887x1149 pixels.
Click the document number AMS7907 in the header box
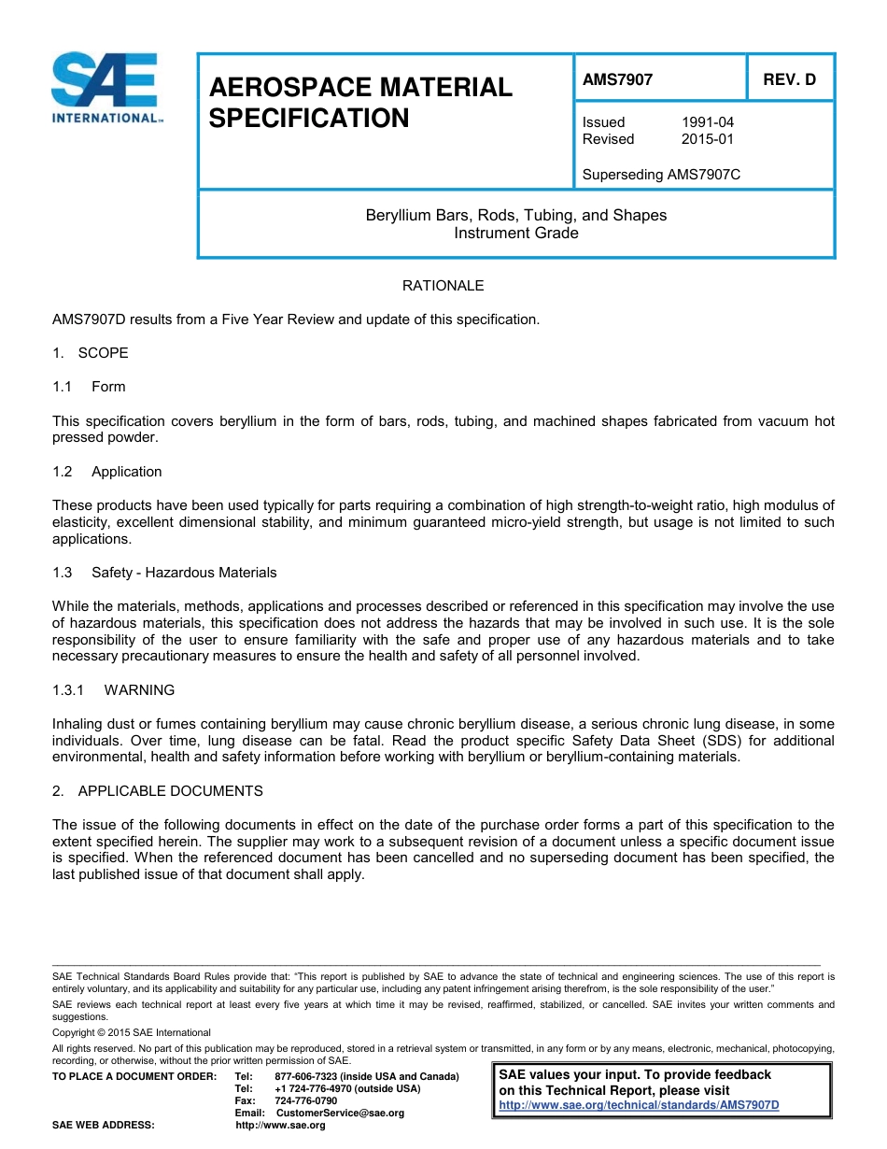pyautogui.click(x=617, y=79)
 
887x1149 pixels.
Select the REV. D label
pyautogui.click(x=789, y=79)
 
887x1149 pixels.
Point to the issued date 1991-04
pyautogui.click(x=708, y=122)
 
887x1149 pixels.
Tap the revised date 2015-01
pyautogui.click(x=708, y=139)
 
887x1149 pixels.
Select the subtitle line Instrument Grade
pyautogui.click(x=515, y=233)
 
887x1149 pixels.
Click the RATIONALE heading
pyautogui.click(x=443, y=286)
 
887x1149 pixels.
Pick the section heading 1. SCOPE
pyautogui.click(x=91, y=353)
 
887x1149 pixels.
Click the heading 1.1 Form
pyautogui.click(x=91, y=387)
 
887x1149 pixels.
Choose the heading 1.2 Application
pyautogui.click(x=108, y=472)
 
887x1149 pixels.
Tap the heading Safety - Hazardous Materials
pyautogui.click(x=184, y=573)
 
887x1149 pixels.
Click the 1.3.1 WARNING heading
pyautogui.click(x=114, y=690)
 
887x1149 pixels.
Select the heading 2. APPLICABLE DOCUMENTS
pyautogui.click(x=158, y=791)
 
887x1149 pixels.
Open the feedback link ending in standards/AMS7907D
pyautogui.click(x=639, y=1105)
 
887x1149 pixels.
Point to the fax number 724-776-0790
pyautogui.click(x=306, y=1100)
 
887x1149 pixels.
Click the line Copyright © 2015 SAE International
pyautogui.click(x=132, y=1032)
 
